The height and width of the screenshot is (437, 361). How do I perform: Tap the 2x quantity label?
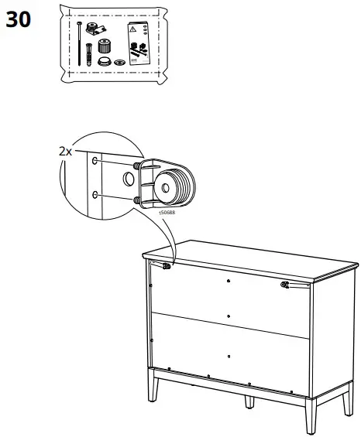(65, 152)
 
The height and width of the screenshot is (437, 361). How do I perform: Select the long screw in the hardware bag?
(80, 43)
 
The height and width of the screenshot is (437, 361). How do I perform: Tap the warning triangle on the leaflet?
(133, 28)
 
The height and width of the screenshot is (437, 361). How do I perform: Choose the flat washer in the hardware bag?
(119, 61)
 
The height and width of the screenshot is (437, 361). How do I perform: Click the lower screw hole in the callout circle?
(95, 196)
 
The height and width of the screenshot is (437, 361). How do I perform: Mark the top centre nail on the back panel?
(229, 280)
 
